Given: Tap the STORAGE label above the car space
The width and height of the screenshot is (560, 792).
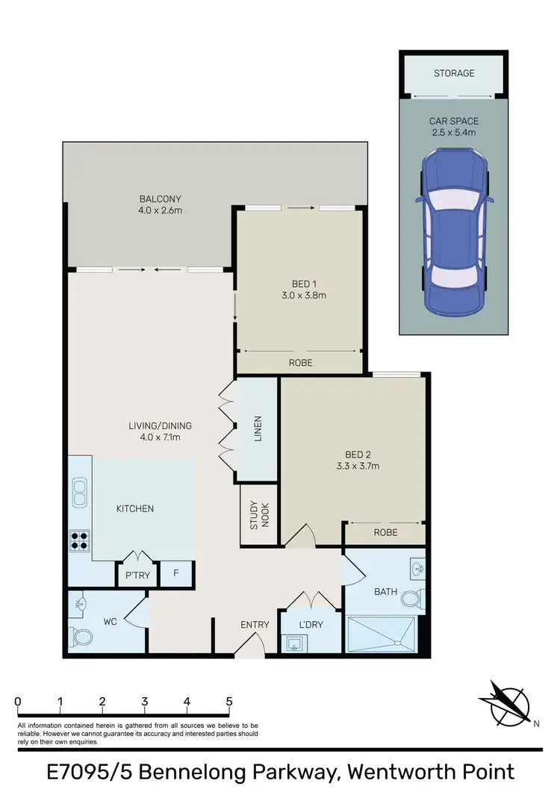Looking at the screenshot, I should (454, 73).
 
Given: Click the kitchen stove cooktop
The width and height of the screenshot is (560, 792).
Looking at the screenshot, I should (80, 540).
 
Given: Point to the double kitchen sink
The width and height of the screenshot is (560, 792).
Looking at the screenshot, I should (79, 493).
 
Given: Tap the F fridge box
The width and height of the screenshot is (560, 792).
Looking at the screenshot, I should (176, 574).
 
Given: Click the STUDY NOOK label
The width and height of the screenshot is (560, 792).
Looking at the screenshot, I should (258, 515).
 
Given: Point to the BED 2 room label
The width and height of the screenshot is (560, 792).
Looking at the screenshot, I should (358, 455).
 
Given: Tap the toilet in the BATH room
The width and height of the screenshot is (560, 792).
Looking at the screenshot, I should (411, 599).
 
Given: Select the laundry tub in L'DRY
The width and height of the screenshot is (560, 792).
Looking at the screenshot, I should (295, 644).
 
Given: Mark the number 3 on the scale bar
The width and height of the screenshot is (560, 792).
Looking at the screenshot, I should (144, 702).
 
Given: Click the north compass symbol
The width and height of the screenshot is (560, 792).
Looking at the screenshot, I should (505, 703).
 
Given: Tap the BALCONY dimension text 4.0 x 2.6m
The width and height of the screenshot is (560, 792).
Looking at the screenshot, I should (161, 211).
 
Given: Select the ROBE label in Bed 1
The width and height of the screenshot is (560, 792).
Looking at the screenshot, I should (300, 363).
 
